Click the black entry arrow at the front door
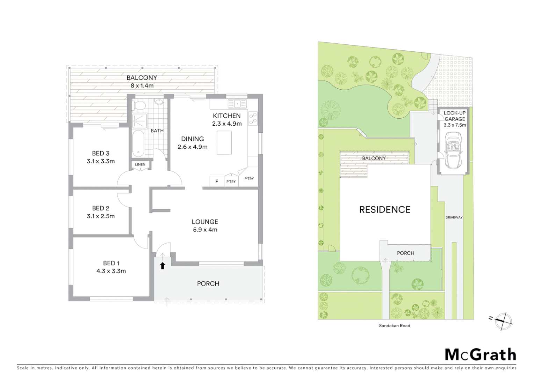pyautogui.click(x=162, y=266)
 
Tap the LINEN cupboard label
pyautogui.click(x=140, y=164)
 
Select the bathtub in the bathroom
pyautogui.click(x=138, y=143)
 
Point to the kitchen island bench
pyautogui.click(x=224, y=142)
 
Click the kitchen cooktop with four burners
pyautogui.click(x=253, y=118)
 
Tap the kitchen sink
pyautogui.click(x=237, y=104)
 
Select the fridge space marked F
pyautogui.click(x=217, y=181)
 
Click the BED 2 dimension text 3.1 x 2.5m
pyautogui.click(x=101, y=216)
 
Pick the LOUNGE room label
pyautogui.click(x=205, y=222)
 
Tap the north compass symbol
pyautogui.click(x=503, y=321)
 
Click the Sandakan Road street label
pyautogui.click(x=395, y=325)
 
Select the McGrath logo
pyautogui.click(x=480, y=354)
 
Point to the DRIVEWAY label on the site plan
pyautogui.click(x=454, y=217)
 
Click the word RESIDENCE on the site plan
pyautogui.click(x=385, y=210)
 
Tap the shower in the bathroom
pyautogui.click(x=140, y=121)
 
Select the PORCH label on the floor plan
pyautogui.click(x=208, y=283)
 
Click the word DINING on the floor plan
pyautogui.click(x=192, y=139)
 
